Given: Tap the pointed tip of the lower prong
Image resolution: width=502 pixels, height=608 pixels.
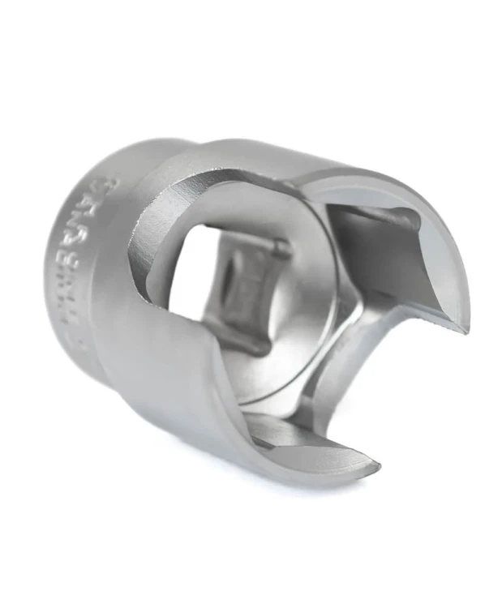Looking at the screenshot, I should [375, 468].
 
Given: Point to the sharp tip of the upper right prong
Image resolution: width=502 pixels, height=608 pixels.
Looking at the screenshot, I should [466, 328].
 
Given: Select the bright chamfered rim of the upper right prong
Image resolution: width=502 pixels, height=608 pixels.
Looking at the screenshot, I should [442, 243].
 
